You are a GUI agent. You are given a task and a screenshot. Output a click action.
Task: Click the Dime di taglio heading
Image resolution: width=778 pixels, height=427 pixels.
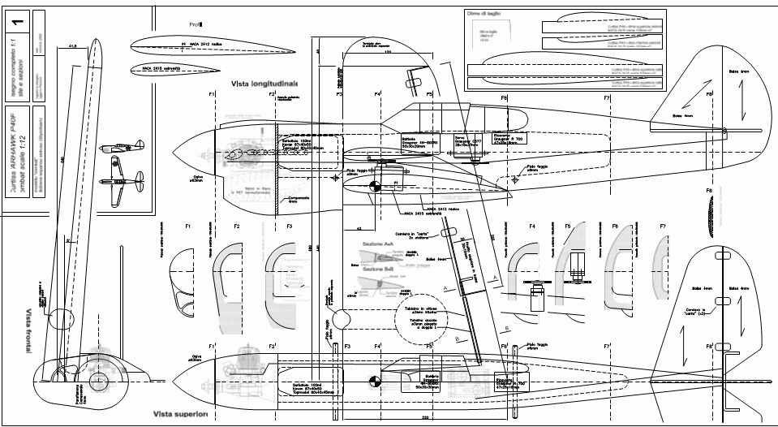point(475,14)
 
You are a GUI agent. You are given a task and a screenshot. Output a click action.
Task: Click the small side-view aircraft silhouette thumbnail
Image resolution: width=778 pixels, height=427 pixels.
point(118,149)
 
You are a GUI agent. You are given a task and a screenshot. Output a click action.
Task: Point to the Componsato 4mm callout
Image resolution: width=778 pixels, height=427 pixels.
point(289,198)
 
